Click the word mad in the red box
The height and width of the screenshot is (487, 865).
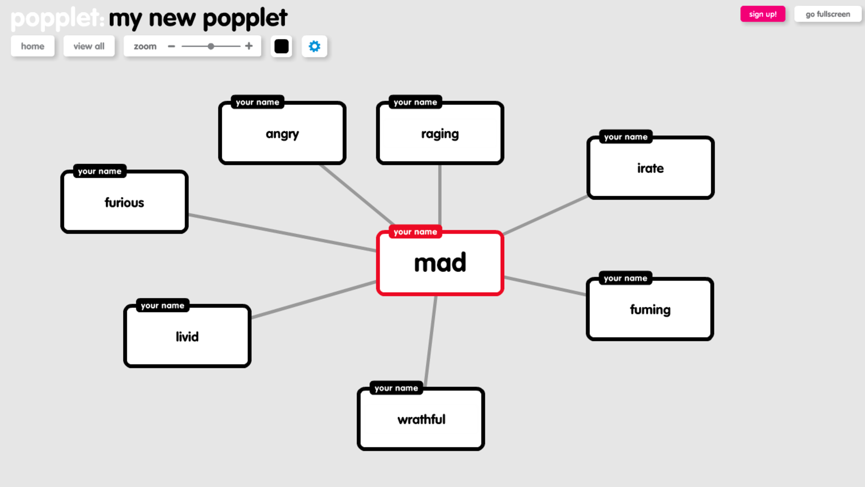(x=440, y=263)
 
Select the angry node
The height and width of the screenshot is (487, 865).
(x=282, y=134)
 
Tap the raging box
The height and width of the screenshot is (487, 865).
(x=440, y=134)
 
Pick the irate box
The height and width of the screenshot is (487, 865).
(x=650, y=168)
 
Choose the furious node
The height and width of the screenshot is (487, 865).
(x=124, y=202)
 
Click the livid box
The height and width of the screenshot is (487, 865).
(x=187, y=337)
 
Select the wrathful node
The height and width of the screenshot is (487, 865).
(x=421, y=419)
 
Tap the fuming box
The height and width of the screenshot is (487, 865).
(x=650, y=309)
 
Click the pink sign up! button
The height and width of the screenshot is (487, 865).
(x=762, y=14)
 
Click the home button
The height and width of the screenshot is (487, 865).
(x=33, y=46)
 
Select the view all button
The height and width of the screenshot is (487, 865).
(x=89, y=46)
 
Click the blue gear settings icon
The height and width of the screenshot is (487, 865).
(x=314, y=46)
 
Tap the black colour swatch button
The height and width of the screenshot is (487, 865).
(x=281, y=46)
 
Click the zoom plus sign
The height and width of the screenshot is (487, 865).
(x=249, y=46)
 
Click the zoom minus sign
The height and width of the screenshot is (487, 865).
(x=171, y=46)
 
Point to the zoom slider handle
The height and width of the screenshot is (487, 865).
(x=211, y=46)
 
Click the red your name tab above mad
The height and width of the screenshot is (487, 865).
(x=415, y=232)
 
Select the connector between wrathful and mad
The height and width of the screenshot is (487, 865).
(x=431, y=340)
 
